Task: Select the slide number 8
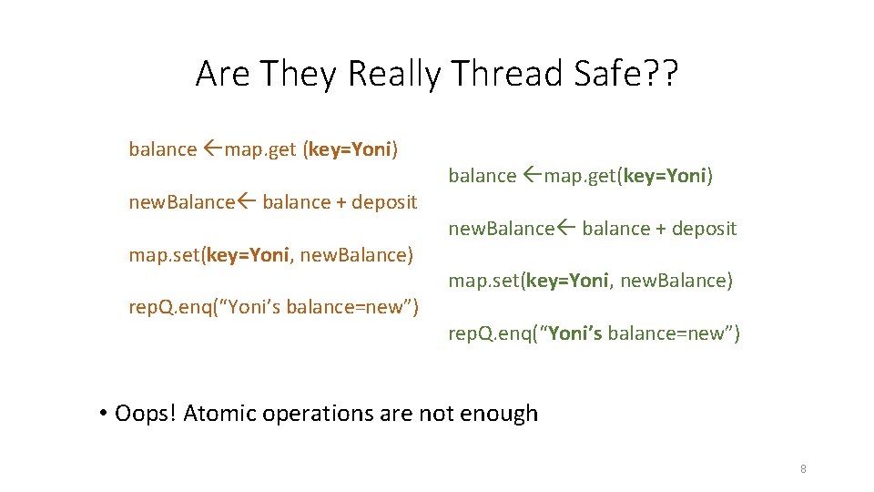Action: [803, 469]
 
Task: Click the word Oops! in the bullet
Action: [146, 414]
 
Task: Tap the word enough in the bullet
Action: [499, 414]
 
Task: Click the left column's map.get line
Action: [264, 149]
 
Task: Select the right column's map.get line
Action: [580, 176]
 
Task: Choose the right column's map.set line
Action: [590, 281]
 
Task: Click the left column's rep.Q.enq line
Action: [273, 307]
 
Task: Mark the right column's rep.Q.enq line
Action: [594, 333]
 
